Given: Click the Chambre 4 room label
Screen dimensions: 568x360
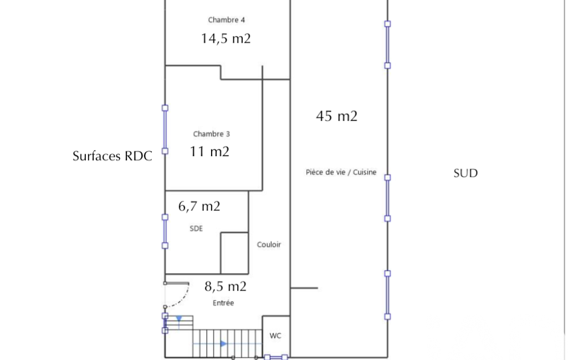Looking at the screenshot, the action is (227, 20).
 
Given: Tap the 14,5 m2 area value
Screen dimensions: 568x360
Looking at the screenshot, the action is (226, 38).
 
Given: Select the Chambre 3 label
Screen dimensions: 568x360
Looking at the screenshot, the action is (211, 134).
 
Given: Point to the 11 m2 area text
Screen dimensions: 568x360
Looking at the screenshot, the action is (209, 151).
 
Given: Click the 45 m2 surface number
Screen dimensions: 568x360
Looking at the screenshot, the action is (336, 116).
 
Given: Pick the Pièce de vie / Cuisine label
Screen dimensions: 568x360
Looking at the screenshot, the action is (341, 172).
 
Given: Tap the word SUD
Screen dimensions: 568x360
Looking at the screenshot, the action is (465, 173).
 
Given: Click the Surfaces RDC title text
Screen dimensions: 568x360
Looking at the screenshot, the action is (112, 156).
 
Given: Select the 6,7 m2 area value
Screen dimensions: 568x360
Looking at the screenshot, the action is (199, 207).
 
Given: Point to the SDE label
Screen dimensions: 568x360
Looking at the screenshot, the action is (196, 229).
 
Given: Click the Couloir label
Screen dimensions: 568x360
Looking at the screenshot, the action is (269, 245).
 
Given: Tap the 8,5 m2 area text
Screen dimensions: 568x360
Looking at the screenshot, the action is (226, 286).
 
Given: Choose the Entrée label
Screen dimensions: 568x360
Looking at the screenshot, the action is (223, 303).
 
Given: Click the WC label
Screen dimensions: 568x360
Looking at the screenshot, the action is (275, 336).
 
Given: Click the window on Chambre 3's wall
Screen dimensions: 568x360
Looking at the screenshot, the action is (165, 130).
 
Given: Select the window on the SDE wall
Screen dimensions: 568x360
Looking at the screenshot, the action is (165, 232).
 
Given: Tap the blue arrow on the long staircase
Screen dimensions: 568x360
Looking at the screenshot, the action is (223, 344).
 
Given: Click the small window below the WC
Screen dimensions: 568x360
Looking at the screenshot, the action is (276, 357).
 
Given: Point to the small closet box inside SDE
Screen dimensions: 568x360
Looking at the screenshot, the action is (234, 253).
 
